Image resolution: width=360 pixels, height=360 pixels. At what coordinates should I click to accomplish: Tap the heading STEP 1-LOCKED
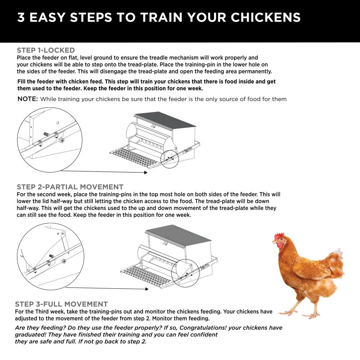tap(46, 50)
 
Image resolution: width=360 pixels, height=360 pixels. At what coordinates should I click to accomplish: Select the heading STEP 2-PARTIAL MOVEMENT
tap(70, 187)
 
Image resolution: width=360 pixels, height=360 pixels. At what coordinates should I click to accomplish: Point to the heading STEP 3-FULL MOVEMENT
tap(61, 304)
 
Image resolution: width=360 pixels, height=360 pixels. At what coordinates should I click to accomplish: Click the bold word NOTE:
tap(28, 99)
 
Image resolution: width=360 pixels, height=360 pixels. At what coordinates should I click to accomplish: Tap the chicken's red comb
tap(279, 236)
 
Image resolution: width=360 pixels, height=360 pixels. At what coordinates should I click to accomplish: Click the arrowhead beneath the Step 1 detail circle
tap(145, 173)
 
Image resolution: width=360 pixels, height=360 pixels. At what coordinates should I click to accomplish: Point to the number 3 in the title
tap(21, 18)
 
